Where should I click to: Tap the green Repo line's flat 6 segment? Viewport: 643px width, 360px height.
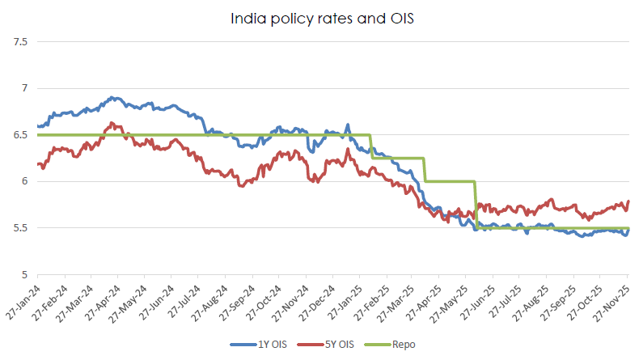click(449, 181)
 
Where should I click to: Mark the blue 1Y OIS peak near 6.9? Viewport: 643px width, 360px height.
click(114, 98)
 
